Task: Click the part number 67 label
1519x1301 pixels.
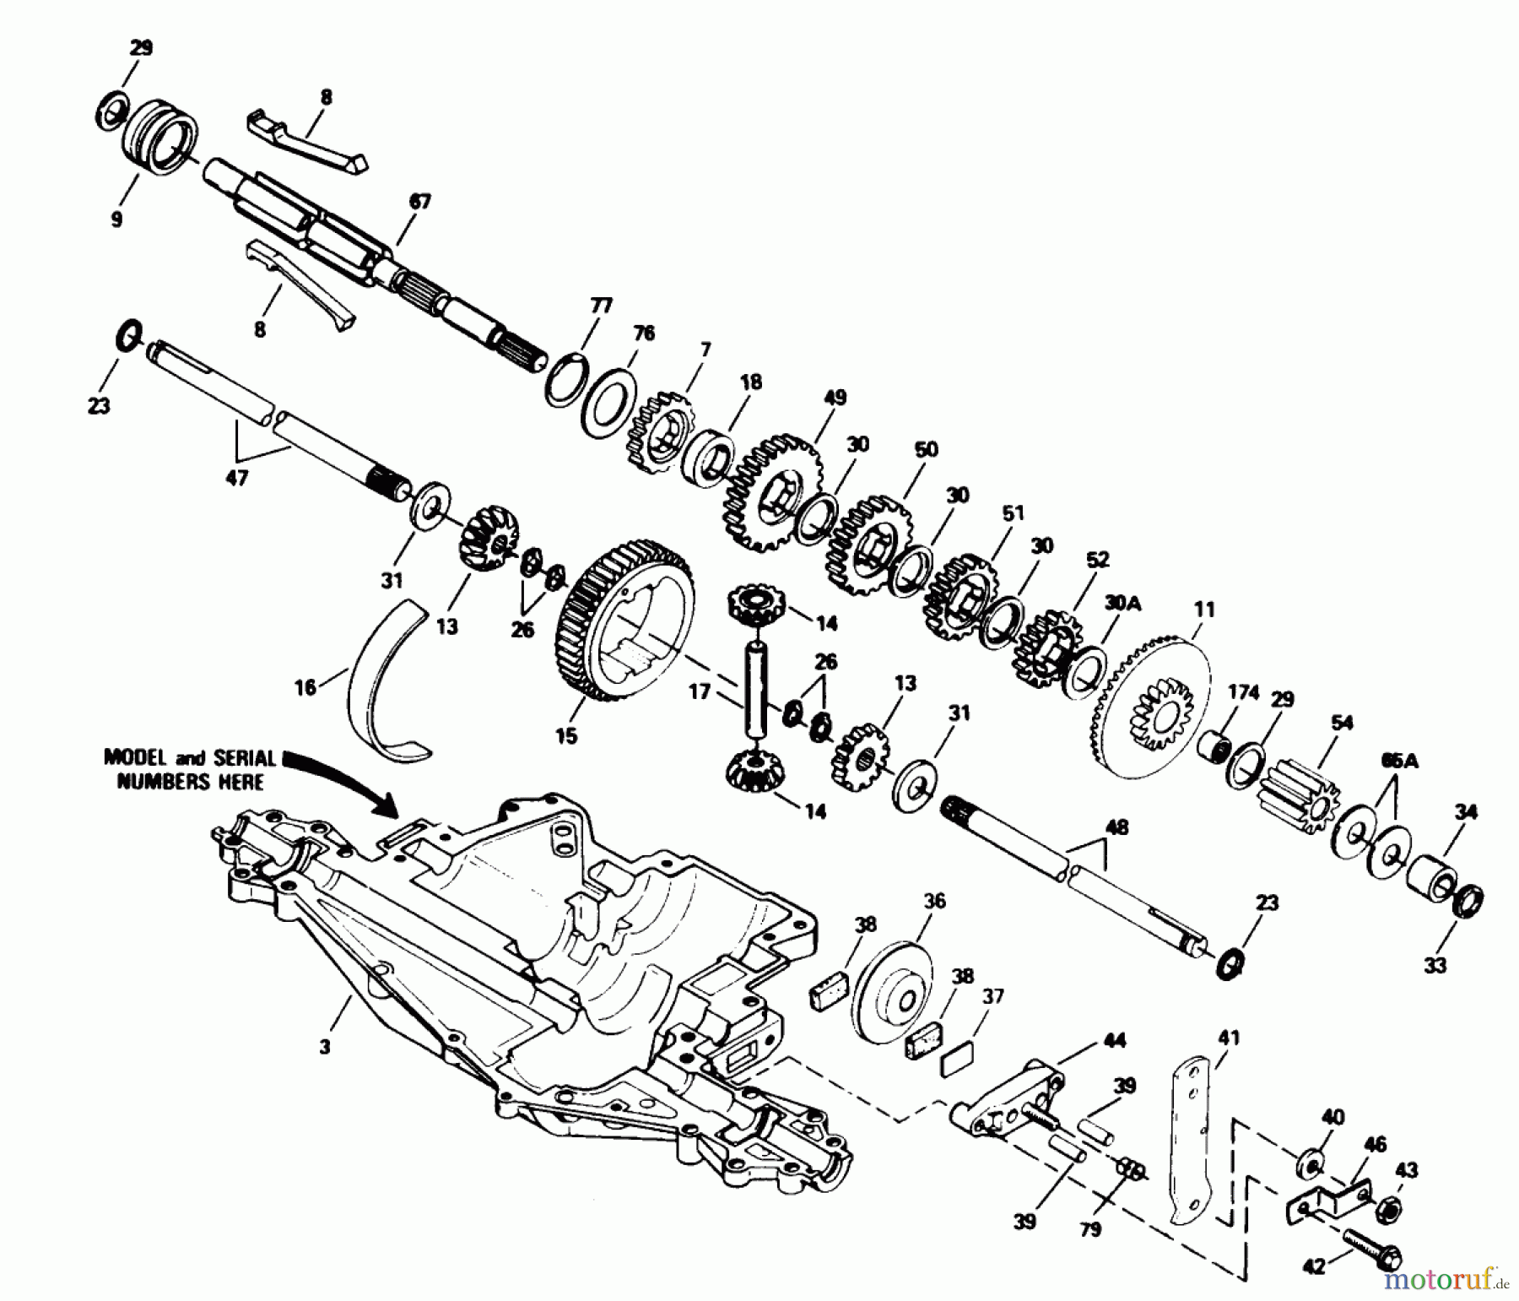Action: pos(419,203)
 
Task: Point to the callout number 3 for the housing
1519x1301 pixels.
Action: pos(325,1047)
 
